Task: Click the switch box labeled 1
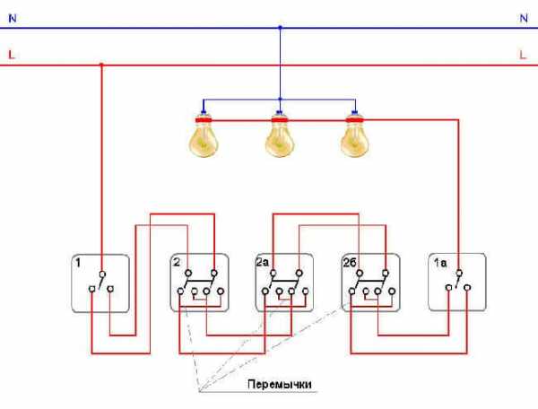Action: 100,283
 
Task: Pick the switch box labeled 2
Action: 199,283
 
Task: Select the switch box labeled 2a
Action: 283,283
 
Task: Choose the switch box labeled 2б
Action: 370,283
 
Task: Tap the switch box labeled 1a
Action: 457,283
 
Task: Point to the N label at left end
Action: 11,17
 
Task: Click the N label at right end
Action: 522,17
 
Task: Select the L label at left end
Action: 11,55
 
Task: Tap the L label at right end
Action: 522,55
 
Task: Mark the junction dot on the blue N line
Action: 280,27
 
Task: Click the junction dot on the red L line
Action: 100,65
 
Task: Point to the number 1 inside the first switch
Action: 78,264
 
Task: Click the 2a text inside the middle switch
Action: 262,264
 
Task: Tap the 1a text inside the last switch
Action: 439,264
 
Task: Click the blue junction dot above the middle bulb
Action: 280,99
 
